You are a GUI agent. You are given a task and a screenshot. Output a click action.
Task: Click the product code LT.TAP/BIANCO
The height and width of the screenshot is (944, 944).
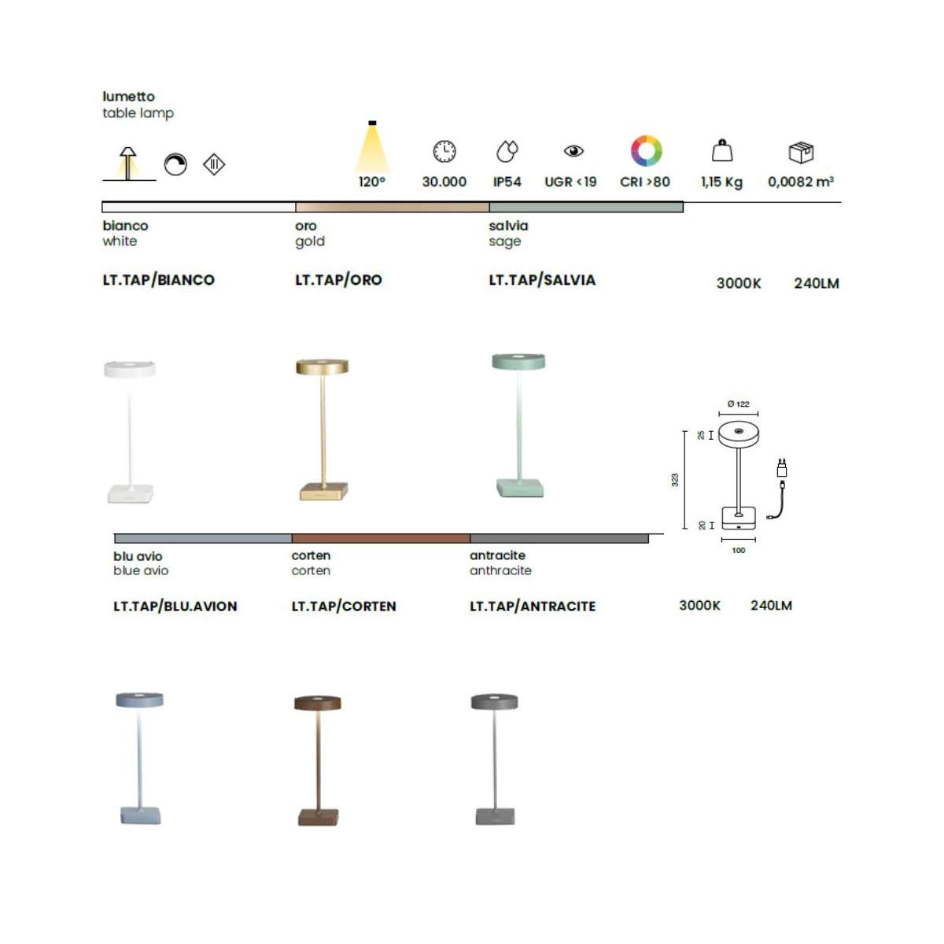point(158,280)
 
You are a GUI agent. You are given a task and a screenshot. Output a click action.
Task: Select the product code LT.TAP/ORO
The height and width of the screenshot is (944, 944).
point(338,280)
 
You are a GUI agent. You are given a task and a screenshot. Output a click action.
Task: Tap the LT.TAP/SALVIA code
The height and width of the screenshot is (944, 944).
point(542,280)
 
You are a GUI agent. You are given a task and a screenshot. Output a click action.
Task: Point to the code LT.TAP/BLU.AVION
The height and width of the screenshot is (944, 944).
point(175,606)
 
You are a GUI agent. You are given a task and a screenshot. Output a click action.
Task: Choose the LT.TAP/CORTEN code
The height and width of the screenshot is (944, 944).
point(344,606)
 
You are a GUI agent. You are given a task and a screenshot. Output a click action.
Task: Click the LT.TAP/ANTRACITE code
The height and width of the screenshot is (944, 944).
point(533,606)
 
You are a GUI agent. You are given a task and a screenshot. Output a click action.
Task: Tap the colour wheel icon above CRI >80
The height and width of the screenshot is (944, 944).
point(646,151)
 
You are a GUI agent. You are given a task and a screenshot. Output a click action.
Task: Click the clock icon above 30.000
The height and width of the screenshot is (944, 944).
point(444,151)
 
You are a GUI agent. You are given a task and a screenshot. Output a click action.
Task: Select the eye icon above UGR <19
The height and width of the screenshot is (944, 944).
point(573,151)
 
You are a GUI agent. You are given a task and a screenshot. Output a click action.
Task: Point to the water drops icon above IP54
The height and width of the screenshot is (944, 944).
point(507,151)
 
